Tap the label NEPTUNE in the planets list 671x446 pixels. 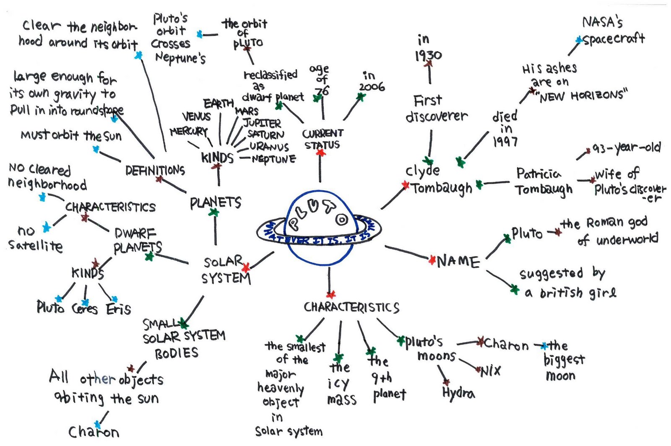click(274, 159)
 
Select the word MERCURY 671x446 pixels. click(189, 131)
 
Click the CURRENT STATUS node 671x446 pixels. click(322, 139)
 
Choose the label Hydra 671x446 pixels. click(459, 393)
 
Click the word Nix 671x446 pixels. click(490, 371)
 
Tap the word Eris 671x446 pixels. click(118, 309)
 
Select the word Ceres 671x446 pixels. click(85, 309)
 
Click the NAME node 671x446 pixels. click(458, 262)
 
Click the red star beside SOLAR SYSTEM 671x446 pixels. click(246, 267)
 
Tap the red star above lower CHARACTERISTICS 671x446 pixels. click(331, 294)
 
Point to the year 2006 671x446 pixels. click(372, 87)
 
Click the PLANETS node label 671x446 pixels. click(216, 203)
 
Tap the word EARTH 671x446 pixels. click(218, 104)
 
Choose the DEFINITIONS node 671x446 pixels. click(155, 170)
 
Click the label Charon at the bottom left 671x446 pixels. click(94, 432)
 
